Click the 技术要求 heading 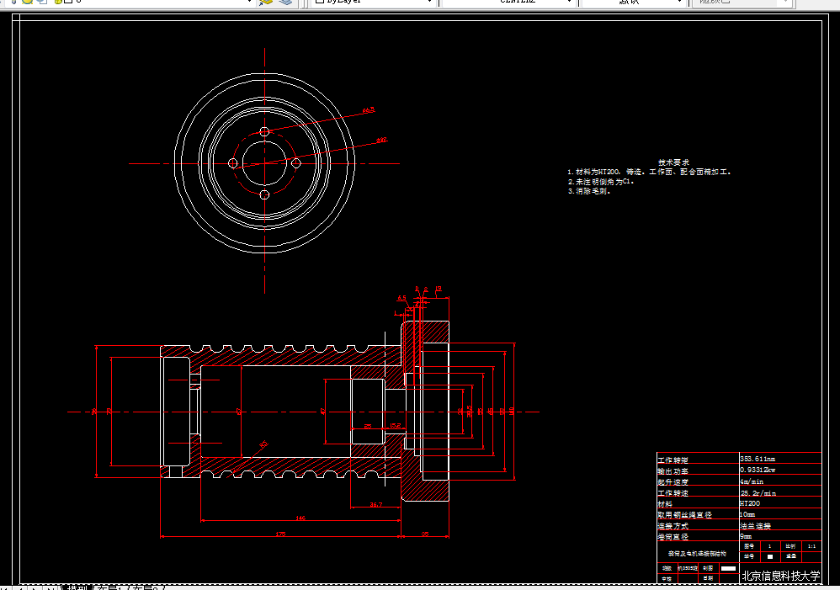pyautogui.click(x=673, y=162)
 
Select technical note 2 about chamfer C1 pyautogui.click(x=601, y=181)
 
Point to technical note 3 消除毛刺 pyautogui.click(x=589, y=191)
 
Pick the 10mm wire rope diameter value pyautogui.click(x=747, y=514)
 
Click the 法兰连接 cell pyautogui.click(x=755, y=525)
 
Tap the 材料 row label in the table pyautogui.click(x=667, y=503)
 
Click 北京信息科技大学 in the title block pyautogui.click(x=779, y=577)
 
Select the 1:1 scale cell pyautogui.click(x=811, y=546)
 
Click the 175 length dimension pyautogui.click(x=281, y=533)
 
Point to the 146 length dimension pyautogui.click(x=300, y=518)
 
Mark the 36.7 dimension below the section pyautogui.click(x=376, y=504)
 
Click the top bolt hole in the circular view pyautogui.click(x=264, y=132)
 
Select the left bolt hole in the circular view pyautogui.click(x=233, y=162)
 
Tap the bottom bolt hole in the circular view pyautogui.click(x=264, y=194)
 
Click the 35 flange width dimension pyautogui.click(x=425, y=533)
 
